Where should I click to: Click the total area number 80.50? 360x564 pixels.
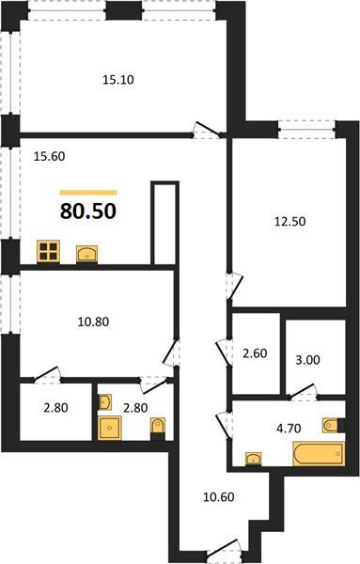pos(88,211)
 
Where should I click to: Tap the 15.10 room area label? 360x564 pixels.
pos(118,80)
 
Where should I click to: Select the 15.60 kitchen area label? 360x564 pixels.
pos(49,156)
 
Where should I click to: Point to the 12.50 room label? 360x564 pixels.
pos(290,221)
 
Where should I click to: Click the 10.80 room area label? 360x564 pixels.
pos(93,321)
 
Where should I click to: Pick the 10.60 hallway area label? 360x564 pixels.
pos(219,496)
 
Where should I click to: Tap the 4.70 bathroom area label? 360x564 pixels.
pos(289,429)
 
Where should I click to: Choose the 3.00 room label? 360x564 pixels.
pos(307,360)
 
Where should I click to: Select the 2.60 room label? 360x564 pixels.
pos(255,353)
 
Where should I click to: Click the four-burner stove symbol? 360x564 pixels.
pos(48,251)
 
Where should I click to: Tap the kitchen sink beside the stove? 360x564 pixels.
pos(86,254)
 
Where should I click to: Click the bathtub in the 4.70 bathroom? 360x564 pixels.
pos(319,454)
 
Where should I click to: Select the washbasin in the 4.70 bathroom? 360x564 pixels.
pos(254,459)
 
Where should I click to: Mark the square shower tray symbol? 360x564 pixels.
pos(109,428)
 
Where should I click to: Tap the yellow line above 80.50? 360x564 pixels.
pos(88,193)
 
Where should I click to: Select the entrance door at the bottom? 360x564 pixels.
pos(225,550)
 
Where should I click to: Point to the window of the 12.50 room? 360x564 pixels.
pos(306,130)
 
